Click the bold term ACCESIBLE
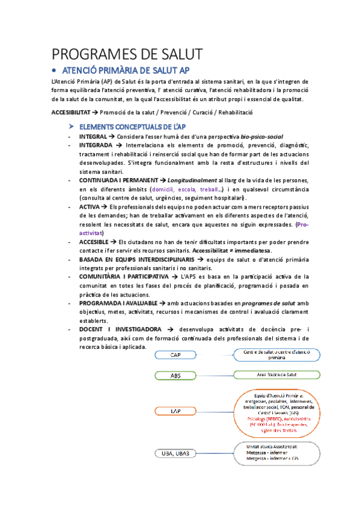pos(95,241)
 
